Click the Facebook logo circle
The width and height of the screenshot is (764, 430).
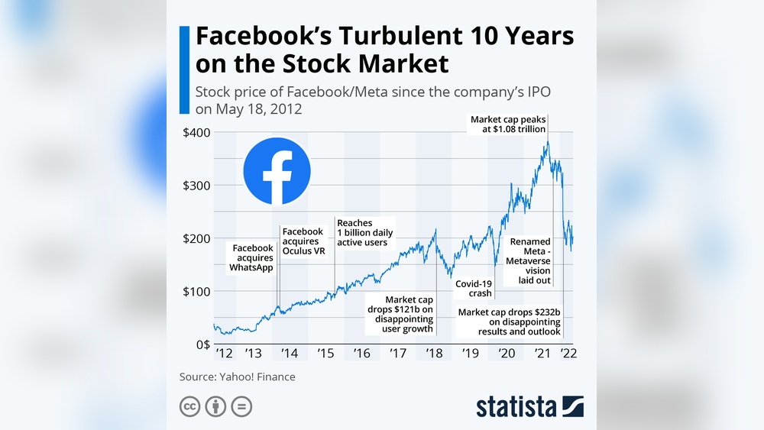click(x=277, y=171)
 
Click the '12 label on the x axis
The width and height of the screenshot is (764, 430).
click(x=224, y=353)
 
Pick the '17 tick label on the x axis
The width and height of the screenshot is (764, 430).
click(x=398, y=353)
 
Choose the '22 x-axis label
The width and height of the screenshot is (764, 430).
click(x=568, y=353)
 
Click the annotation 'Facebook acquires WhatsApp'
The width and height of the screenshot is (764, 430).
click(x=252, y=258)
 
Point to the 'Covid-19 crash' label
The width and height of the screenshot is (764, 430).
click(x=474, y=288)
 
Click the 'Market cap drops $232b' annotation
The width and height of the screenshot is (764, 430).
click(x=509, y=322)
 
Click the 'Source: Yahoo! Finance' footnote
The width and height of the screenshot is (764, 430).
click(x=237, y=377)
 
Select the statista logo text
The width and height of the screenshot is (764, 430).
click(x=516, y=406)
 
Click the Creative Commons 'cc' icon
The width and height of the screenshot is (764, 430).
click(x=189, y=406)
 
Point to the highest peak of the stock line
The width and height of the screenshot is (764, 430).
click(x=547, y=141)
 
